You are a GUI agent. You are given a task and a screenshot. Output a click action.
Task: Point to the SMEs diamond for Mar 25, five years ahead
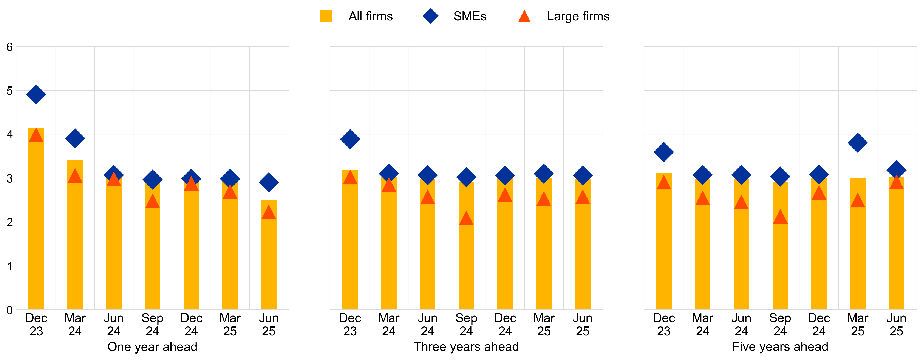pos(857,143)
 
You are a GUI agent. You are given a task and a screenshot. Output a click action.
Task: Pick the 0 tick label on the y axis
pos(10,310)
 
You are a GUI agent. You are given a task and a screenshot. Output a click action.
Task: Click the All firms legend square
pos(325,16)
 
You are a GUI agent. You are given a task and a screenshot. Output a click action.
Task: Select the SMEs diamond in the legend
pos(430,16)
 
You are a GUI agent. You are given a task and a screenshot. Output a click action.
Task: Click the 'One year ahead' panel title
pos(152,347)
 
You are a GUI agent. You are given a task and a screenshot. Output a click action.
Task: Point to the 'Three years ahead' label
pos(466,347)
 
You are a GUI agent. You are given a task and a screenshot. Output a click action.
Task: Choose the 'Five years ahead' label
pos(780,347)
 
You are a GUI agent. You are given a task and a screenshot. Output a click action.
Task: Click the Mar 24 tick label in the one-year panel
pos(75,325)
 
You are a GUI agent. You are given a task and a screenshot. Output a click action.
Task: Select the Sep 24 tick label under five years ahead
pos(780,325)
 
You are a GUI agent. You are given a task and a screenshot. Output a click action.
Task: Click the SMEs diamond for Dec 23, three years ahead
pos(350,139)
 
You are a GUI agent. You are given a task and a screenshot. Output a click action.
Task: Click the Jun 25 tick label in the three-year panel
pos(582,325)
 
